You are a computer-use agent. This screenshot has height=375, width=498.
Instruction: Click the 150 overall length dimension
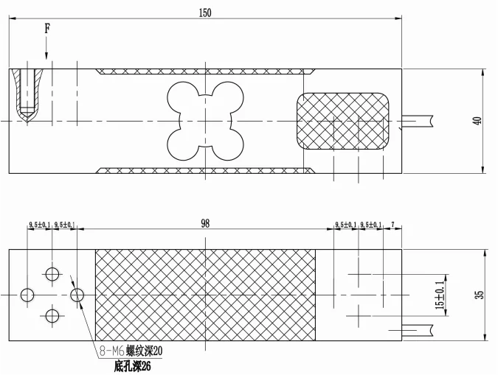pos(205,13)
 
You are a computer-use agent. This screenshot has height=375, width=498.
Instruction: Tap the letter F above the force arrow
pos(47,29)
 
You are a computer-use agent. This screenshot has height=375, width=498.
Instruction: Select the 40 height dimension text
pos(477,121)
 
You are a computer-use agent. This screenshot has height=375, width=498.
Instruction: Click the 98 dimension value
pos(205,224)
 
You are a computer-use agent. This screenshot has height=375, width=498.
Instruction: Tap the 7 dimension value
pos(393,225)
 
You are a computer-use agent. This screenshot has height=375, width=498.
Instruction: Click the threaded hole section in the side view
pos(27,96)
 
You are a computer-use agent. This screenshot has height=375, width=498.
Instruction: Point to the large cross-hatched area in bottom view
pos(205,295)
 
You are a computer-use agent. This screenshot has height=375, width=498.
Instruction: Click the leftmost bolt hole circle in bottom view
pos(27,295)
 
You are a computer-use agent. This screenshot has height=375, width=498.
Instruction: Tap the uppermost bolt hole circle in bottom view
pos(52,274)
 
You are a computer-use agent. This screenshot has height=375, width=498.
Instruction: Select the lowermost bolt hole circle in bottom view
pos(52,316)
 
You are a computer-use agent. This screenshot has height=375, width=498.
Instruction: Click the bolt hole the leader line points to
pos(77,295)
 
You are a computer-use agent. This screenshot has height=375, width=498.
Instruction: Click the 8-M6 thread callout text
pos(131,351)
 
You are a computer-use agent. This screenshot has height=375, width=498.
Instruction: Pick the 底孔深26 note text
pos(133,367)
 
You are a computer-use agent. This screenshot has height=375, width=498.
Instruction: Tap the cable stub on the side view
pos(418,121)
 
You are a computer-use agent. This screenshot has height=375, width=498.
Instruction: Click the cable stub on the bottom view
pos(418,330)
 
